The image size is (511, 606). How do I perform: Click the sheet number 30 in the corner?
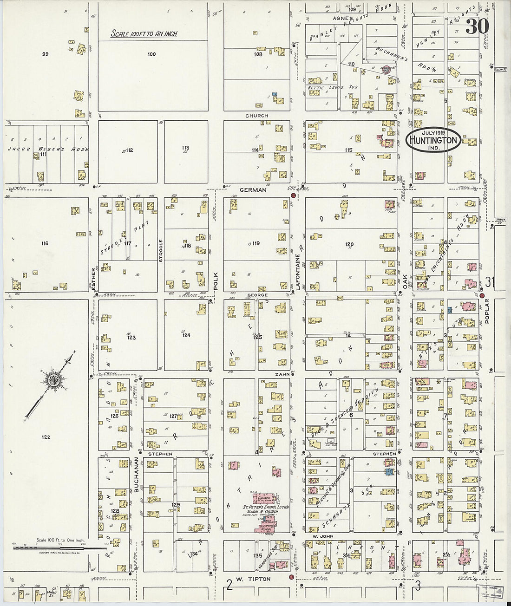tap(477, 26)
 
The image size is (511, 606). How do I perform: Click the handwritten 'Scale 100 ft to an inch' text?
tap(144, 34)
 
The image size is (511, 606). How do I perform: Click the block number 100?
tap(151, 54)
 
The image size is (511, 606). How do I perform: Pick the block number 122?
tap(46, 437)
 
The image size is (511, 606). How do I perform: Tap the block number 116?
tap(45, 243)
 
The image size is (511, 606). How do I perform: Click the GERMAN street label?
tap(253, 190)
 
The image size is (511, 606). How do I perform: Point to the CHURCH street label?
tap(257, 116)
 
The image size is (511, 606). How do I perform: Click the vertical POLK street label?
tap(216, 281)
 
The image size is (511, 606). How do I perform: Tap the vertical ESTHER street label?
tap(93, 280)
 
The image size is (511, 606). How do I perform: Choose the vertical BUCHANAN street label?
tap(137, 474)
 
